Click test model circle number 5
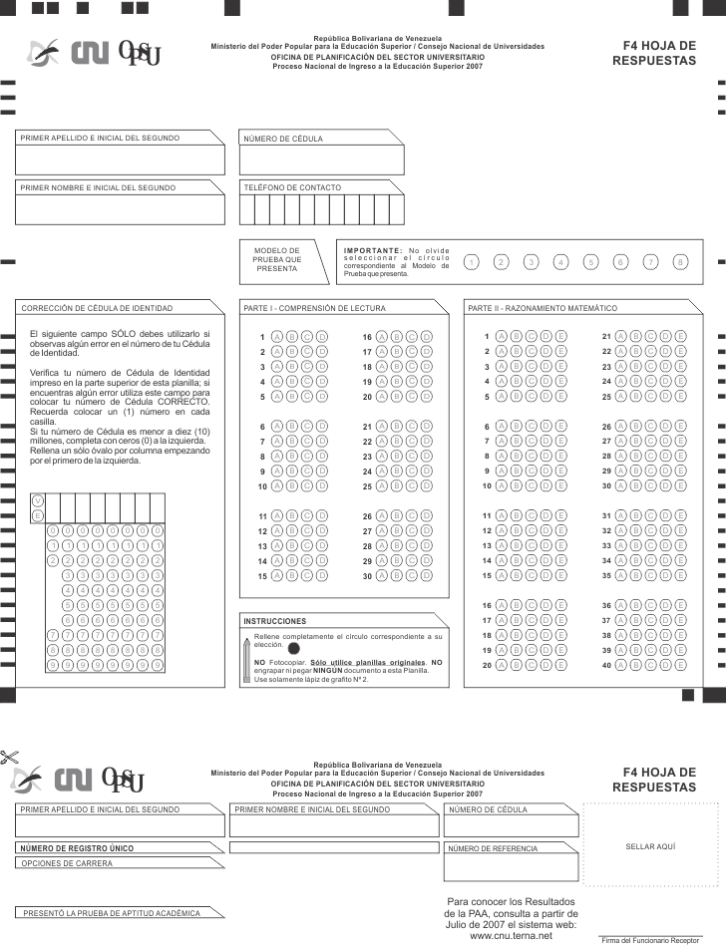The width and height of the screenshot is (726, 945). [591, 261]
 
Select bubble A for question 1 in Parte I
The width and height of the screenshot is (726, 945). [276, 337]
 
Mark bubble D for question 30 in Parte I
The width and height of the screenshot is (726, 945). [427, 576]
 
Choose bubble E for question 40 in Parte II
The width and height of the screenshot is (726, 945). [681, 665]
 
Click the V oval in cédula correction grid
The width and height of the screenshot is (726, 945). [38, 500]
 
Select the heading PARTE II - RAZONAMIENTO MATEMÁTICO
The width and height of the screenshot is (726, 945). [543, 308]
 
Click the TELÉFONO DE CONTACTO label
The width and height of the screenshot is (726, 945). [292, 187]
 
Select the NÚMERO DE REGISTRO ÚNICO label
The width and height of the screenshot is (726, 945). [78, 847]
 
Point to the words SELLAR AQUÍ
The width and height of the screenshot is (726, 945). [650, 845]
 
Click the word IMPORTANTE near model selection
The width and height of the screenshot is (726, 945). [372, 249]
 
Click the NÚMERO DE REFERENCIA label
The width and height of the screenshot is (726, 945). [494, 848]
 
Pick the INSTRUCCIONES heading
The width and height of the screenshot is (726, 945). [275, 620]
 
